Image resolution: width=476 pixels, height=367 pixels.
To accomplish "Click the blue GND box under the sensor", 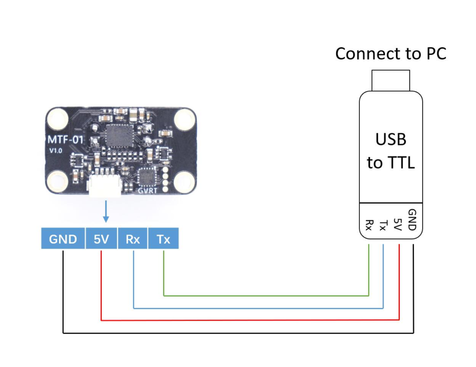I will click(x=63, y=239).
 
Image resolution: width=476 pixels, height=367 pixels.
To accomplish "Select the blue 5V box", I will click(x=101, y=239).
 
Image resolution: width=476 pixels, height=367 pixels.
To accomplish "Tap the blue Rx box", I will click(x=133, y=239).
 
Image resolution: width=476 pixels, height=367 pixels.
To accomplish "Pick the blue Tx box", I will click(x=163, y=239).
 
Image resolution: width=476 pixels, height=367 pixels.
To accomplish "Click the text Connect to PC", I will click(x=390, y=53).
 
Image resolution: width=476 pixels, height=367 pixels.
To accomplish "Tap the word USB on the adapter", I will click(x=391, y=139).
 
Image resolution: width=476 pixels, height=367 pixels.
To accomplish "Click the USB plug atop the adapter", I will click(x=390, y=80).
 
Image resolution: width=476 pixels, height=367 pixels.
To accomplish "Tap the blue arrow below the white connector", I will click(x=106, y=211).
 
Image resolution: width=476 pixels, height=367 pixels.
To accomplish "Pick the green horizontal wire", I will click(x=265, y=295).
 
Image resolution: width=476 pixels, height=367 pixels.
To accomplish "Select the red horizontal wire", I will click(x=251, y=320).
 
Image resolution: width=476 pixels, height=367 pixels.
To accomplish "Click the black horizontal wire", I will click(x=237, y=333).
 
